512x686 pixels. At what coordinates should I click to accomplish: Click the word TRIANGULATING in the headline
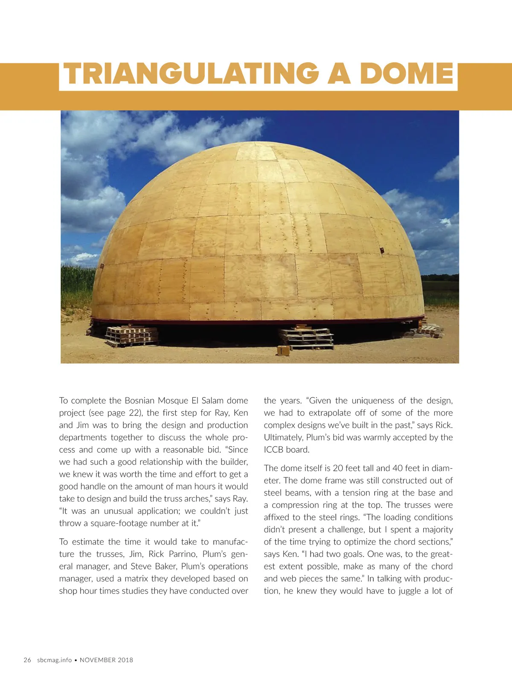tap(191, 74)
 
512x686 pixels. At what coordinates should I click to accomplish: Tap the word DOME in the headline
tap(406, 74)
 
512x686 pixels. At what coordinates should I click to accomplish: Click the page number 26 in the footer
tap(27, 660)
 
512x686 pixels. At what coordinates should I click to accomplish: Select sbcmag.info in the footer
tap(54, 660)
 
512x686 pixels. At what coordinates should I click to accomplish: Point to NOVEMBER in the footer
tap(98, 660)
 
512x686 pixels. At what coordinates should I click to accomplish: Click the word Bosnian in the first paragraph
tap(140, 401)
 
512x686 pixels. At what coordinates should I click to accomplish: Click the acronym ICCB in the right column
tap(273, 450)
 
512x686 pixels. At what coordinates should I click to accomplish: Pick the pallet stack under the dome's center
tap(306, 338)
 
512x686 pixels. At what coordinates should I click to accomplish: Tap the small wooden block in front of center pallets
tap(283, 351)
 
